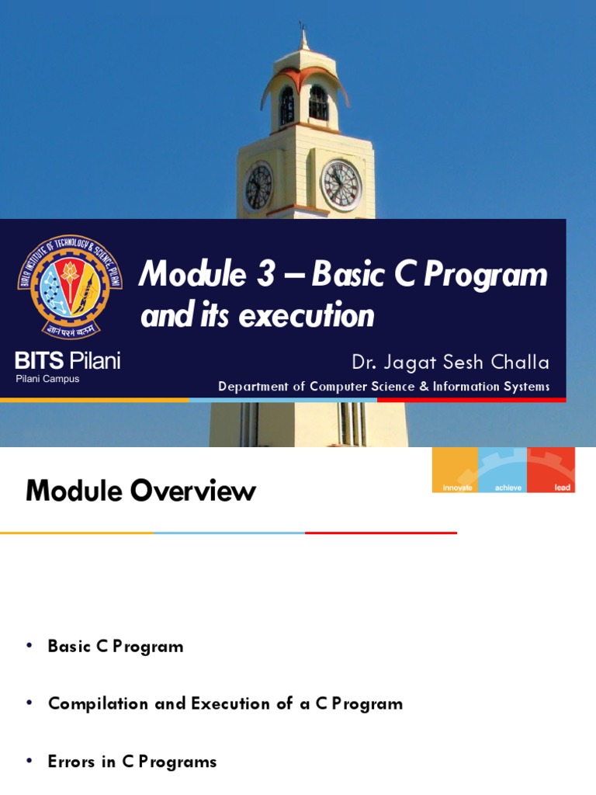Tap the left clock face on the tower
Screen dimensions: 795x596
259,187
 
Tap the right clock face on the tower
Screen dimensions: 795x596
341,186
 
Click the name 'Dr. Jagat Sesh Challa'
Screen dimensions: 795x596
450,363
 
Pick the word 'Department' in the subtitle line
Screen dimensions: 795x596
259,387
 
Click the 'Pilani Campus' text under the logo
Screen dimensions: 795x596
47,379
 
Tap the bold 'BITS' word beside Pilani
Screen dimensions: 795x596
39,360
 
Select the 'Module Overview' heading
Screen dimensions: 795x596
140,491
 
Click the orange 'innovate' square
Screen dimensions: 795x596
456,470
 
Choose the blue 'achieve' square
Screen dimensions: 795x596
502,470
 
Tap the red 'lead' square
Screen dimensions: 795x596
551,470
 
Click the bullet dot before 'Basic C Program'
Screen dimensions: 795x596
29,647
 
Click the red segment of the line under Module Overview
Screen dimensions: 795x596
380,533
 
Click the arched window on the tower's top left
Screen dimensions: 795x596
286,105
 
